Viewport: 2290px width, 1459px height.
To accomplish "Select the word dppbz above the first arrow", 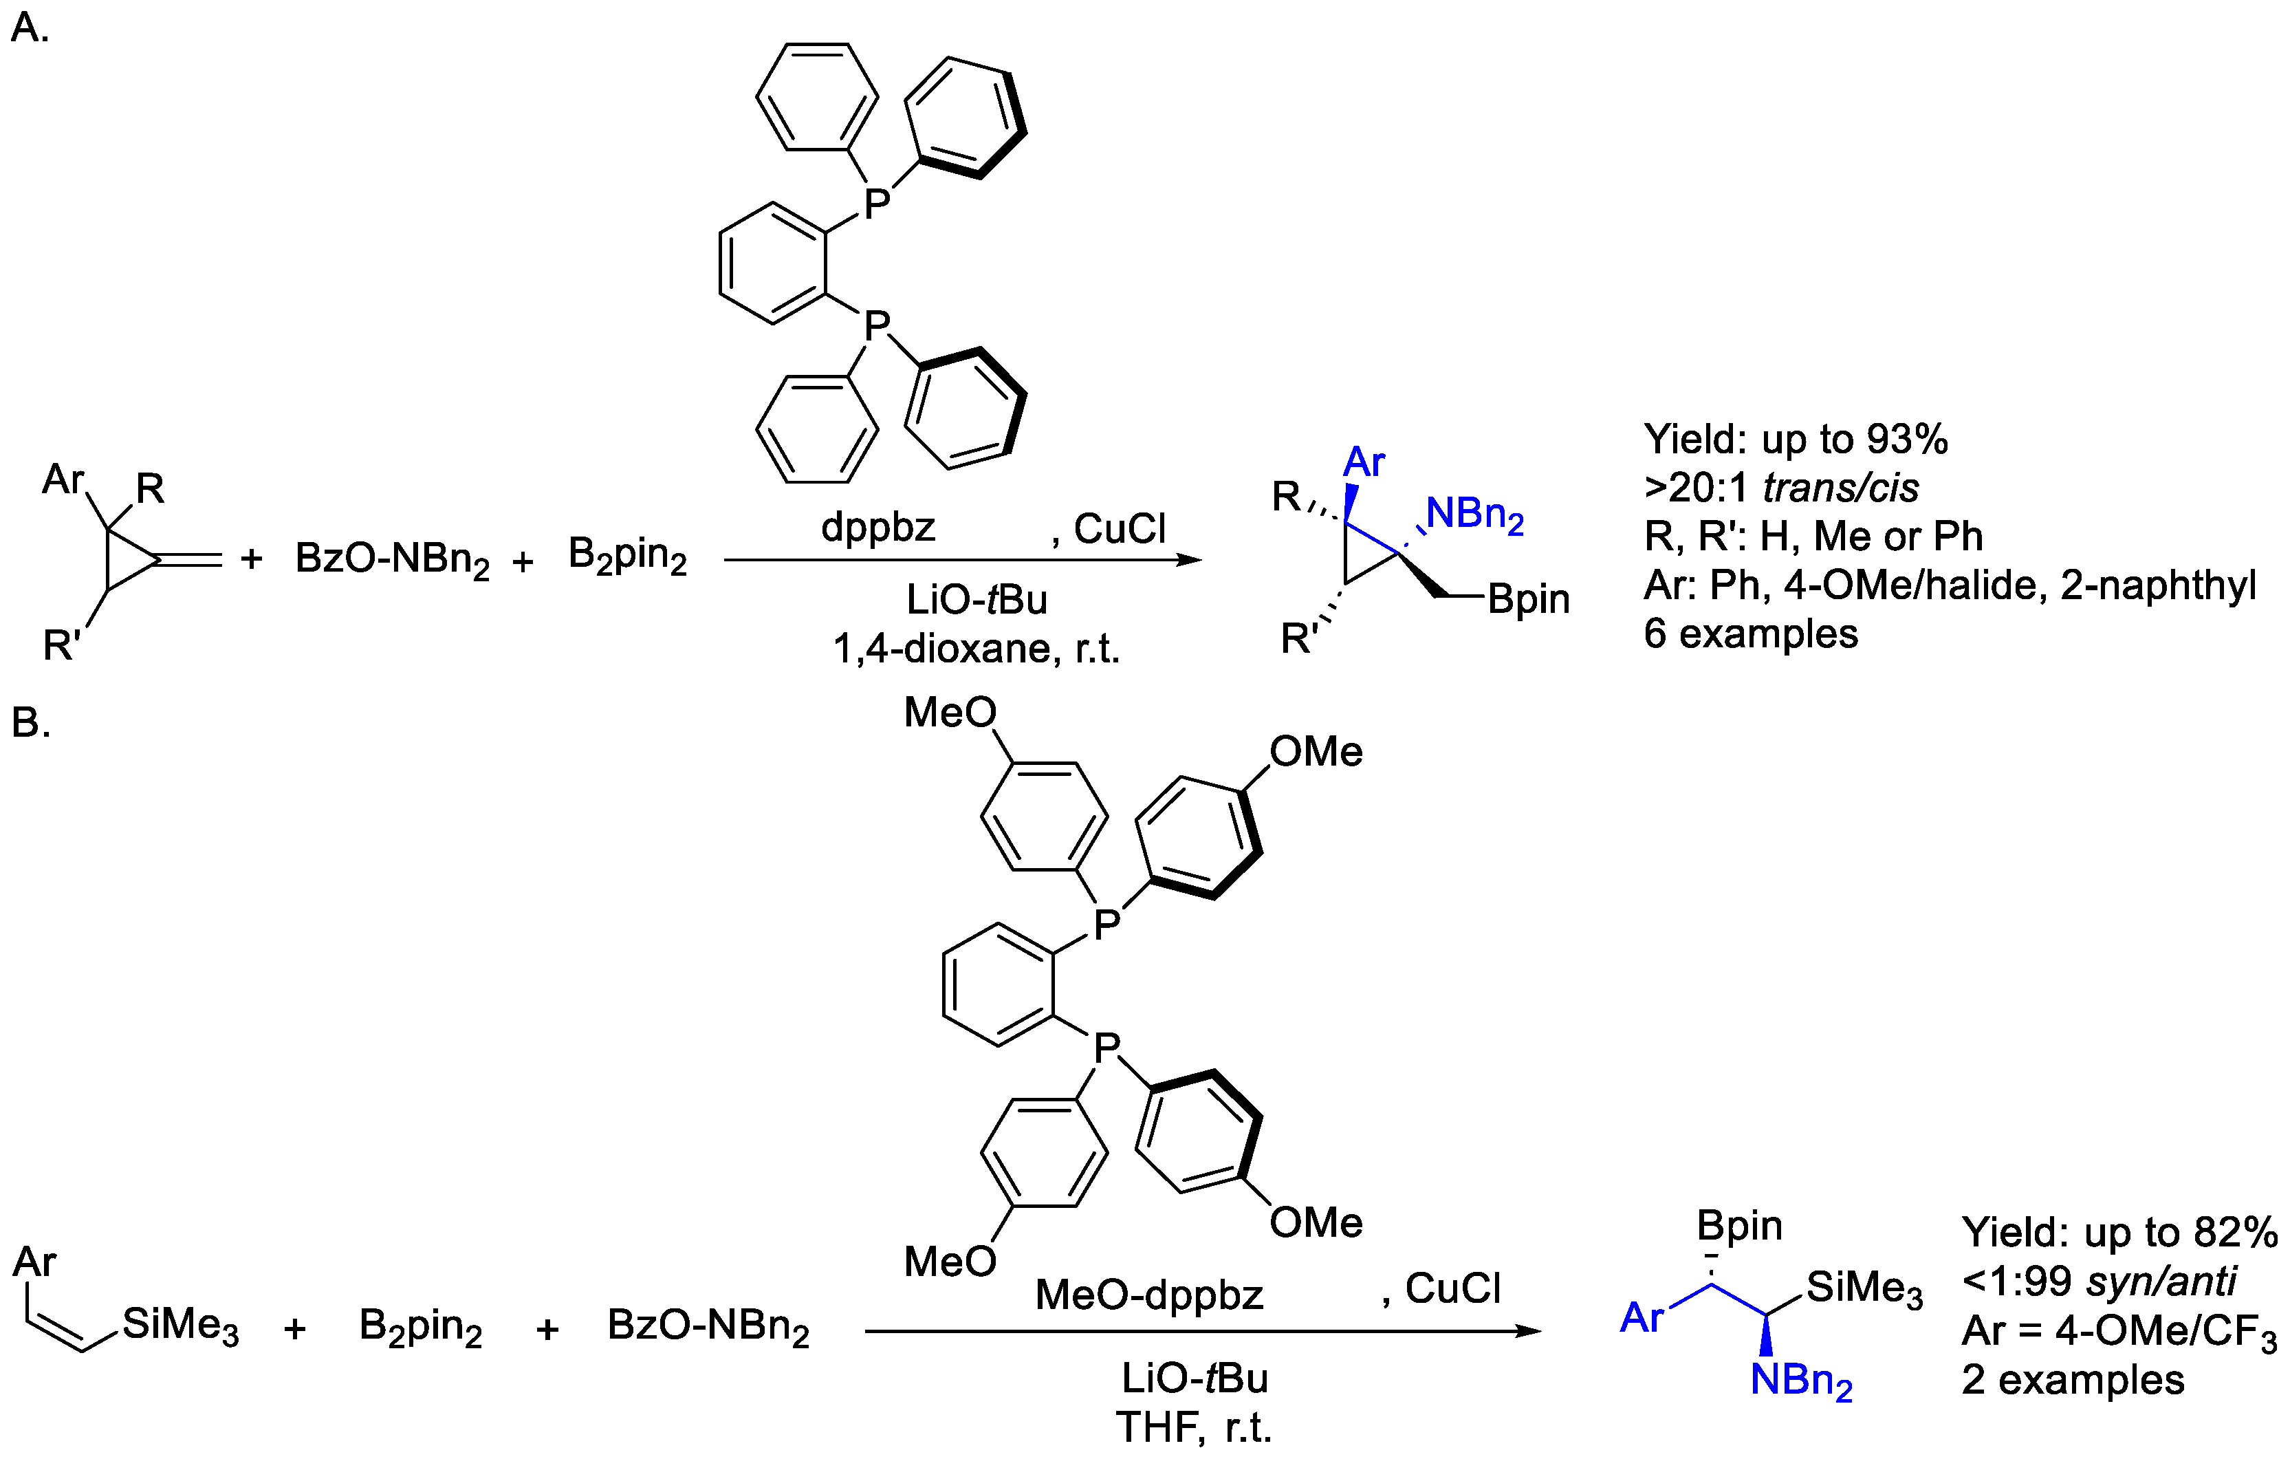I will [x=877, y=527].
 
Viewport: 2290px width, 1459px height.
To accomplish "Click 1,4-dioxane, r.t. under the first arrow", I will [x=977, y=649].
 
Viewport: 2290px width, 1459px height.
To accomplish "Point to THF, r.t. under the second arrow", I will [x=1194, y=1427].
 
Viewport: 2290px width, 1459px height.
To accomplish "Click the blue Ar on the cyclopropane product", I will [x=1364, y=463].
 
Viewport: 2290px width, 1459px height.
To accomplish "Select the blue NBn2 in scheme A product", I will [x=1474, y=515].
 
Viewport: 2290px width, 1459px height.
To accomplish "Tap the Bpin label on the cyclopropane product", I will [x=1528, y=599].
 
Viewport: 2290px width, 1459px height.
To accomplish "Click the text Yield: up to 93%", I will [x=1796, y=440].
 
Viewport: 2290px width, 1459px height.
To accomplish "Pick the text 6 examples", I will [x=1750, y=634].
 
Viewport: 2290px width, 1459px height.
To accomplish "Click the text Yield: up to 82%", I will [x=2119, y=1233].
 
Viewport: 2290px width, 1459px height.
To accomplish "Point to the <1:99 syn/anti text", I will [x=2098, y=1281].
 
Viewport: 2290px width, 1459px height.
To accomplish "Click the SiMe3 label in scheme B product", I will [x=1864, y=1288].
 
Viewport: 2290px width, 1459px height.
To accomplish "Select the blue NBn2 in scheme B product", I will [x=1801, y=1380].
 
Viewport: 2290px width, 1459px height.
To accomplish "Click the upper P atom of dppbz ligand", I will [x=876, y=202].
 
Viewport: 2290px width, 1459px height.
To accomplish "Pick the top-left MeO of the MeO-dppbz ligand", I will [x=949, y=713].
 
